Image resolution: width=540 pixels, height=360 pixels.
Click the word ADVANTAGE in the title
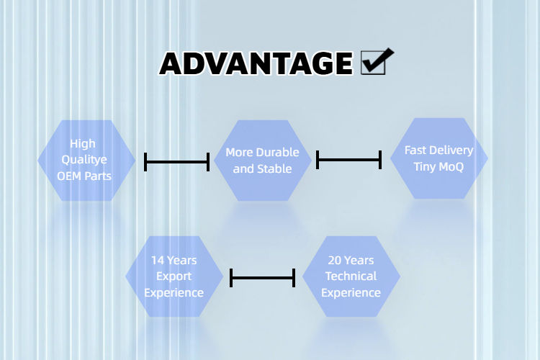tap(256, 63)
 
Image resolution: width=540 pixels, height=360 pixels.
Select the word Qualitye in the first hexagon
tap(86, 160)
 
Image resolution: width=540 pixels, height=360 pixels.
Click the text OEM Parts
tap(86, 176)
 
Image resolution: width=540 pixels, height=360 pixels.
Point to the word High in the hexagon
tap(83, 144)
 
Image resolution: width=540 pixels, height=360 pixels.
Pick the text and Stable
tap(262, 168)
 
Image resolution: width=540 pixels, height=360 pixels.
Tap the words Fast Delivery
tap(438, 150)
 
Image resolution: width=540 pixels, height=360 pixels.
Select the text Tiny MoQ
tap(438, 167)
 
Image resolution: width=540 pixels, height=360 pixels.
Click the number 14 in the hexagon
tap(158, 260)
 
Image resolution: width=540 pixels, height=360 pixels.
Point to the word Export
tap(174, 276)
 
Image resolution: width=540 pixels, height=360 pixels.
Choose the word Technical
tap(351, 276)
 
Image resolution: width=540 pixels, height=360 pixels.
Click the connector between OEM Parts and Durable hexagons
tap(176, 162)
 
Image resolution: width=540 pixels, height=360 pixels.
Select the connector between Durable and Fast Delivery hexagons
tap(348, 160)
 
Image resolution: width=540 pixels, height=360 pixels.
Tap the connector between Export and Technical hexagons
tap(262, 277)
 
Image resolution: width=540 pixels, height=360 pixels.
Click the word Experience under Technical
tap(351, 292)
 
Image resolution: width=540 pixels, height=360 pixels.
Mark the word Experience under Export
tap(174, 292)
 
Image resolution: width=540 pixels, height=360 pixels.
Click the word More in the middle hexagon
tap(238, 153)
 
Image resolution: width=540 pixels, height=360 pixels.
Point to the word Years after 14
tap(181, 260)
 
